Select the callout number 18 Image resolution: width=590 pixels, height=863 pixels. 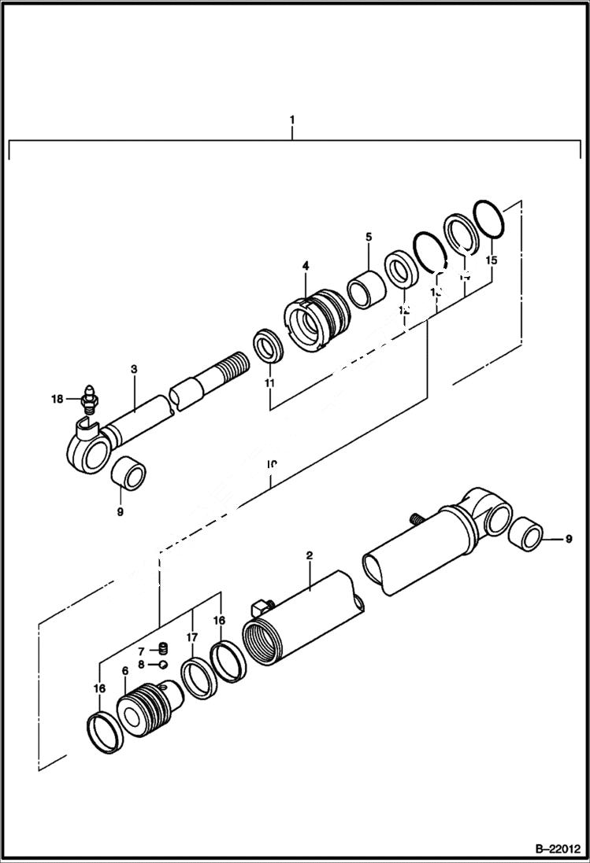[56, 399]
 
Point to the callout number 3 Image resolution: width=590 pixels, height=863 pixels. [134, 369]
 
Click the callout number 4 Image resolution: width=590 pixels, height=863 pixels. [305, 267]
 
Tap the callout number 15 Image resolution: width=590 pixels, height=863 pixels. [492, 260]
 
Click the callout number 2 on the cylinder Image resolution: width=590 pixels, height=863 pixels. [310, 555]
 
